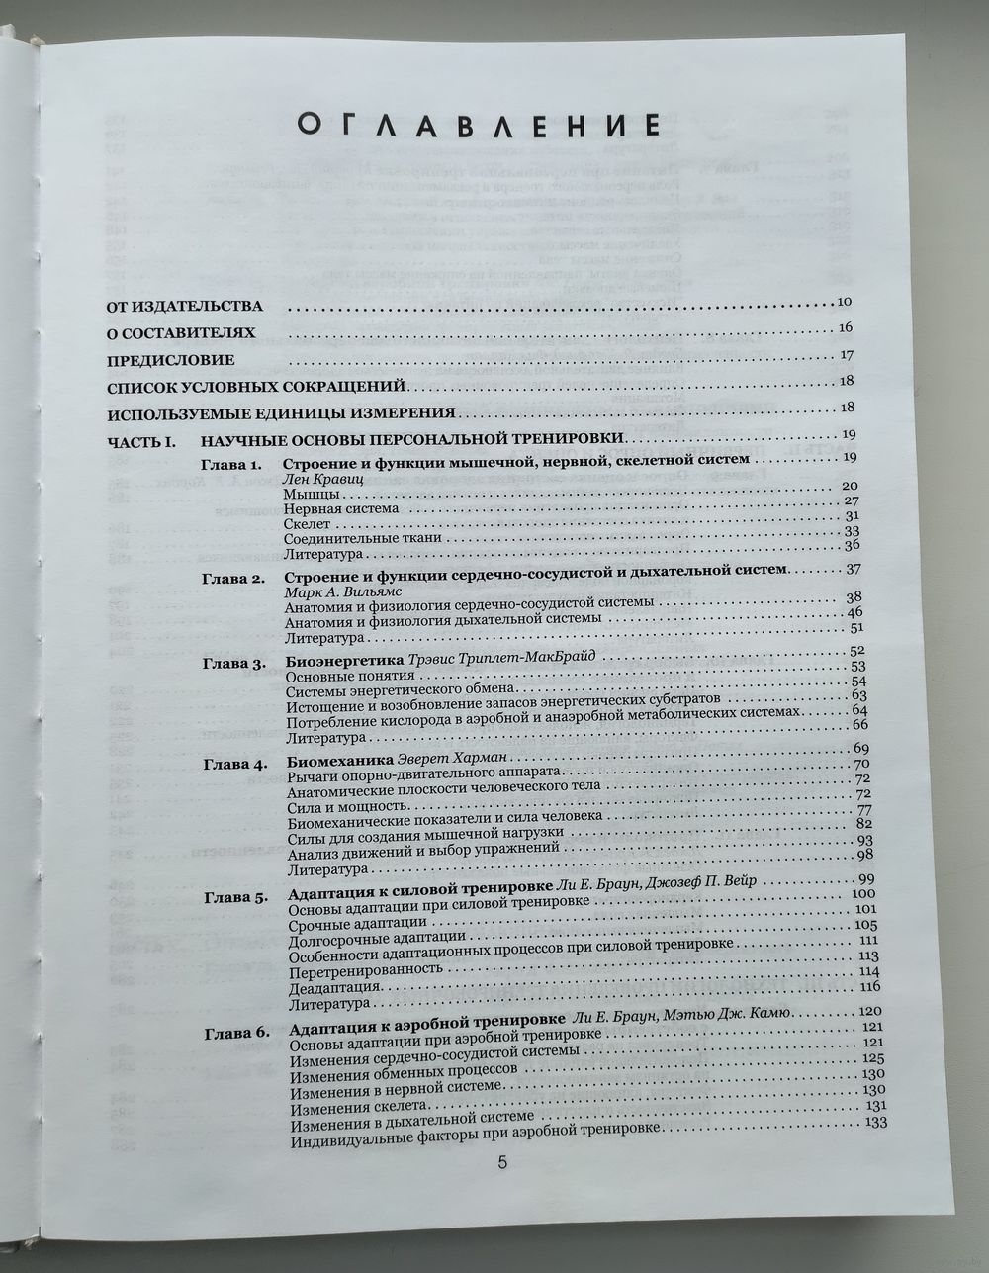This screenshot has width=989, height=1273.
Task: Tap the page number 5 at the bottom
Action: click(x=502, y=1163)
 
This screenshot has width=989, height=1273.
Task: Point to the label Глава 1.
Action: click(x=228, y=464)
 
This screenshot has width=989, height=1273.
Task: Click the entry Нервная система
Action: click(x=340, y=508)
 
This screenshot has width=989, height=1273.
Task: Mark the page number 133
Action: click(x=874, y=1122)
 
